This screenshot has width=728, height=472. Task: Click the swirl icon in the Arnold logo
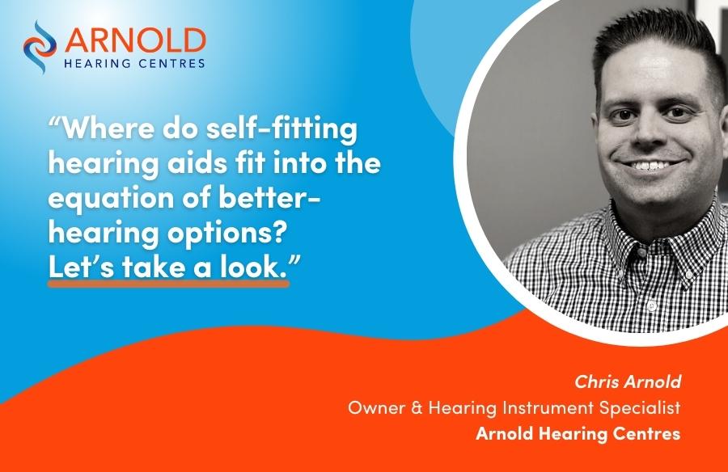[x=40, y=47]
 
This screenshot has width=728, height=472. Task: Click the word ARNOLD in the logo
[x=135, y=41]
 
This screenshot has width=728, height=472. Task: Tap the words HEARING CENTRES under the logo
[x=134, y=63]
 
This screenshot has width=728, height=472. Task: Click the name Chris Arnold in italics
[x=628, y=381]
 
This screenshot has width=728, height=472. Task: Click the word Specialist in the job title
[x=639, y=408]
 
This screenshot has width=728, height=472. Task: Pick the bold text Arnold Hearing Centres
[x=578, y=433]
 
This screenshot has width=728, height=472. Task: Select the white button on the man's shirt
[x=652, y=306]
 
